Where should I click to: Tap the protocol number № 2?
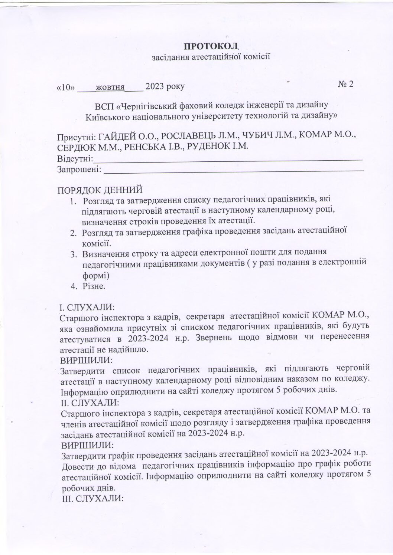(345, 84)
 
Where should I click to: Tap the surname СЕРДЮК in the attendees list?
(76, 147)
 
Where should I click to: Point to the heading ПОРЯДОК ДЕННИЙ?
(100, 190)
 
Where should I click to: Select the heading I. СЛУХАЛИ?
(87, 308)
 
